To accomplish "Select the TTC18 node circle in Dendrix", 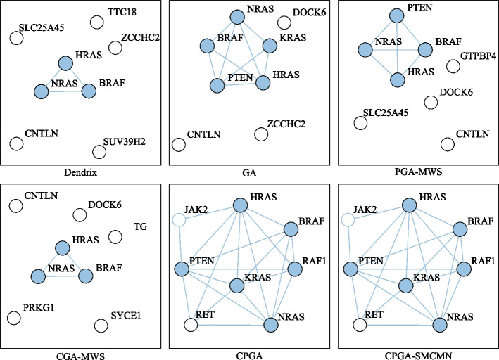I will [97, 22].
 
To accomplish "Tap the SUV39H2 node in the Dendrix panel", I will [99, 151].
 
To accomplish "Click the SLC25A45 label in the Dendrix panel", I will [46, 30].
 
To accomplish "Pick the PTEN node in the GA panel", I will [216, 86].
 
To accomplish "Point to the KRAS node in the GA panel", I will [269, 46].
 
